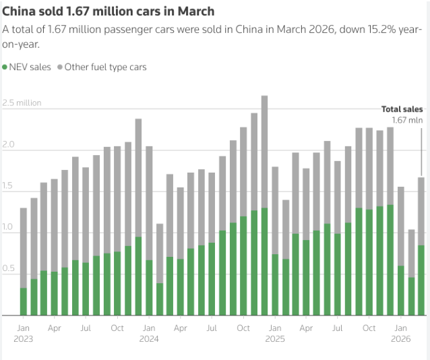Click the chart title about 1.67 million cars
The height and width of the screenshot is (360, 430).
pyautogui.click(x=109, y=11)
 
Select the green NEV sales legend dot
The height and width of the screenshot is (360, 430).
pyautogui.click(x=5, y=67)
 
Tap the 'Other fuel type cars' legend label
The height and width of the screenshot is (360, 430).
pyautogui.click(x=105, y=67)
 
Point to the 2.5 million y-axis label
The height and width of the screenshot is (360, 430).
pyautogui.click(x=22, y=103)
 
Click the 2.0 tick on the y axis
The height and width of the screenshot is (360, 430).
pyautogui.click(x=7, y=146)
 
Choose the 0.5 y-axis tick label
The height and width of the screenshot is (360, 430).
pyautogui.click(x=7, y=269)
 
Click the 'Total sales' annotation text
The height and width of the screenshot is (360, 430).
pyautogui.click(x=402, y=109)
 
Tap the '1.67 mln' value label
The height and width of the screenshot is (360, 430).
pyautogui.click(x=407, y=120)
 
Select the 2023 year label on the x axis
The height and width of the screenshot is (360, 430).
pyautogui.click(x=23, y=339)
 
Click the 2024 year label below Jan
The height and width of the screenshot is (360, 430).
pyautogui.click(x=149, y=339)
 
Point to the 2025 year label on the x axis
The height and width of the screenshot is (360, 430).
pyautogui.click(x=275, y=339)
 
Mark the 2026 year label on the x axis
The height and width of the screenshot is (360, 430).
pyautogui.click(x=401, y=339)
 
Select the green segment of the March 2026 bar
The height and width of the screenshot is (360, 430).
pyautogui.click(x=421, y=280)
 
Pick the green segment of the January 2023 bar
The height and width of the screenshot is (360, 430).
pyautogui.click(x=24, y=301)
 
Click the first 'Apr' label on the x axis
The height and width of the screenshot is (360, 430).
pyautogui.click(x=55, y=328)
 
